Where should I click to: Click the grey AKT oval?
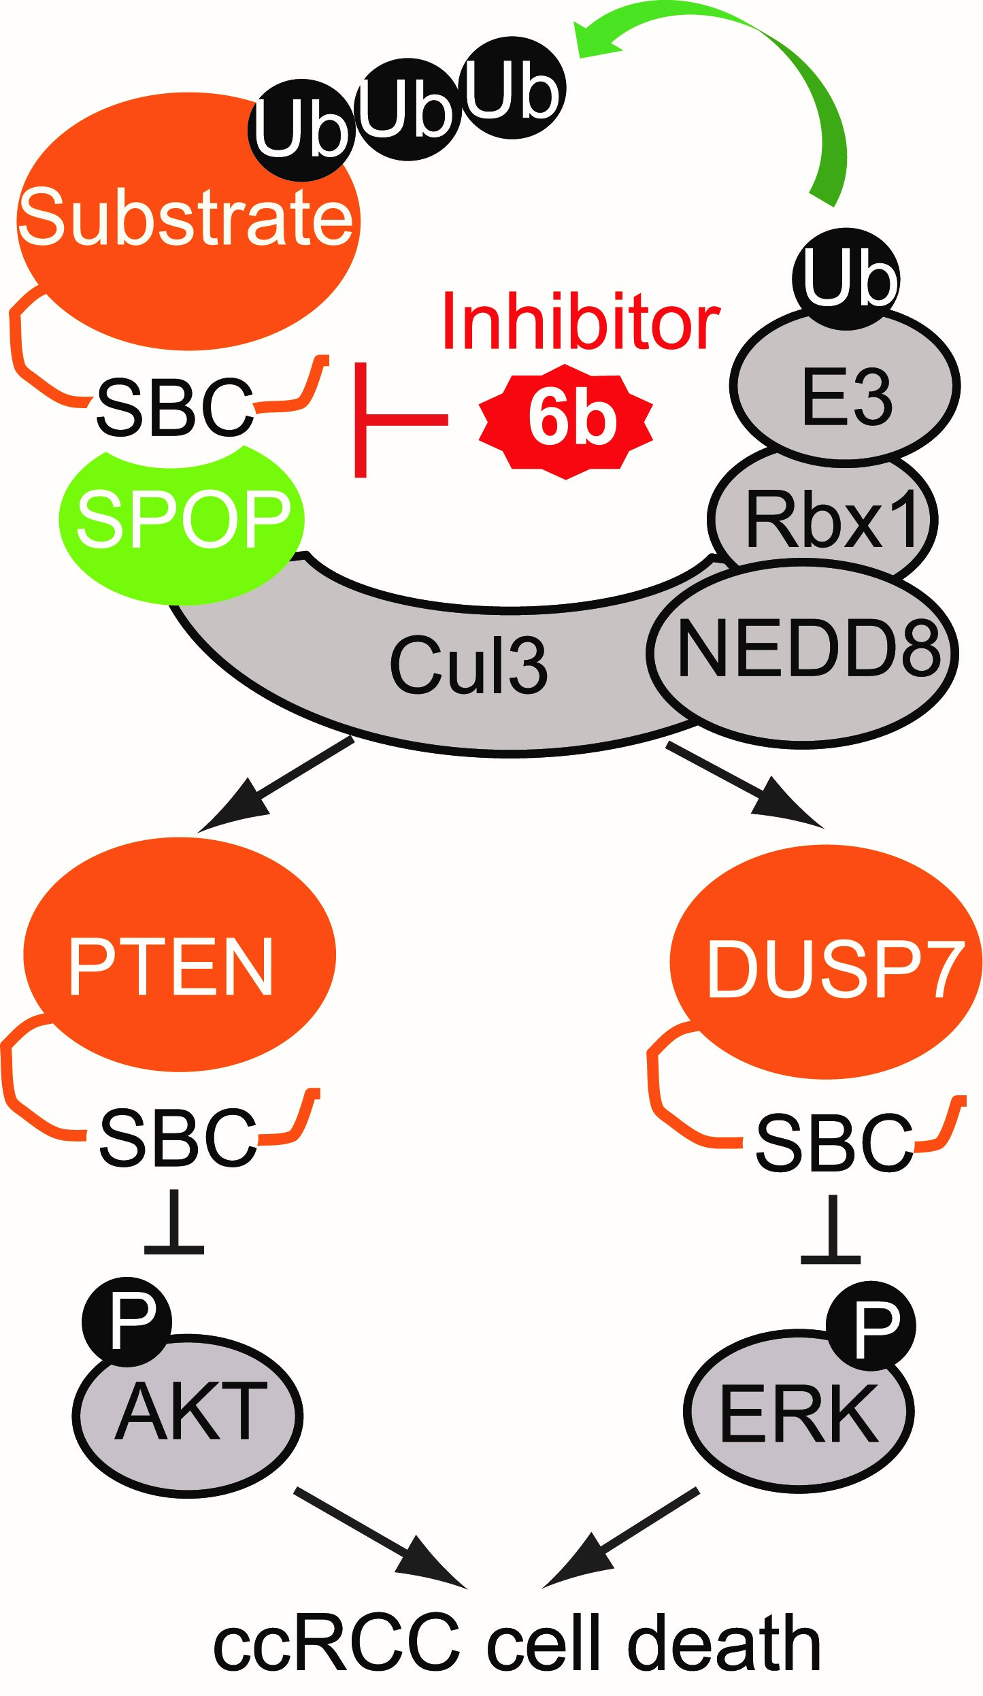187,1415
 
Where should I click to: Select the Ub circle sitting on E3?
846,278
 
